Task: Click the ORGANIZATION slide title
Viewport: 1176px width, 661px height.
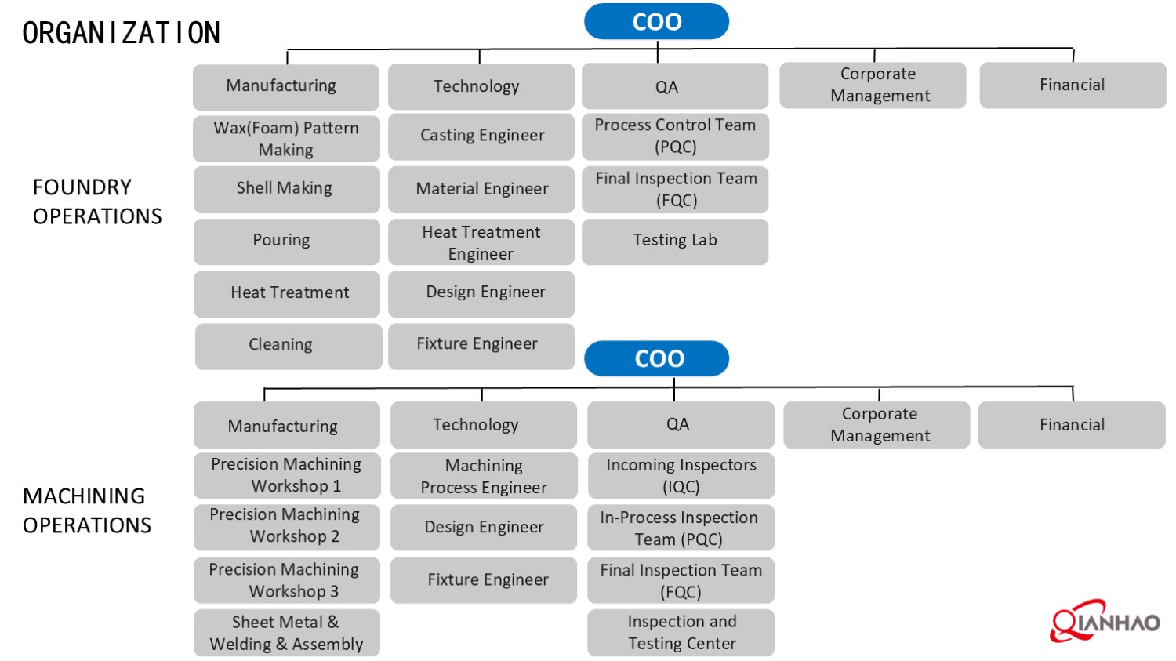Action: click(122, 33)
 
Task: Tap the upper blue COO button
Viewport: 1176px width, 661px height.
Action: click(656, 22)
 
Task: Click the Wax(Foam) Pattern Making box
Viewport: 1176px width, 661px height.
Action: click(286, 139)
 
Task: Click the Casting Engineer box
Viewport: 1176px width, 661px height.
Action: click(481, 136)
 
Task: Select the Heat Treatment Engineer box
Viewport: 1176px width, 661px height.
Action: click(481, 242)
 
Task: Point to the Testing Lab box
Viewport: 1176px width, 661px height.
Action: click(675, 241)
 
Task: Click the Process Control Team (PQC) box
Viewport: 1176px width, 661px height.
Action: click(675, 136)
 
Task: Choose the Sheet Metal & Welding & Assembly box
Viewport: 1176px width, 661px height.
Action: click(287, 633)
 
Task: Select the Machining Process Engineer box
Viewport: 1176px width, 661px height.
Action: click(484, 476)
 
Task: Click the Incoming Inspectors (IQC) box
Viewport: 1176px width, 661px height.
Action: click(681, 476)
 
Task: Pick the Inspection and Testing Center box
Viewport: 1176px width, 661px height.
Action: click(681, 633)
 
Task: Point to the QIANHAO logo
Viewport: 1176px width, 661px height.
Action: click(1105, 623)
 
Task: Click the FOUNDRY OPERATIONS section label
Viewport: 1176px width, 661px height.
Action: click(97, 202)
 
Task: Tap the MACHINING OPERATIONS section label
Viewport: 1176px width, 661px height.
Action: click(86, 510)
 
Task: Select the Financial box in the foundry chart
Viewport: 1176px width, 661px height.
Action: click(1072, 85)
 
